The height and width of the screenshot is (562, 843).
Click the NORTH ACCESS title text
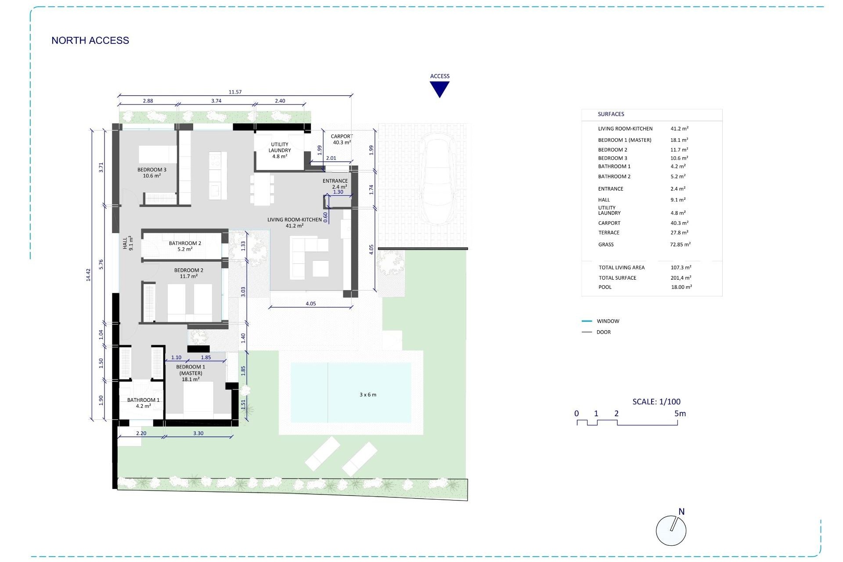click(x=90, y=40)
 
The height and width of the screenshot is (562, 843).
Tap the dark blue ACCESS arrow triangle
click(x=440, y=89)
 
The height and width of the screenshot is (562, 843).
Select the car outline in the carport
click(x=437, y=181)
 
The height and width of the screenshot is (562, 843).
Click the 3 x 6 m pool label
click(x=368, y=395)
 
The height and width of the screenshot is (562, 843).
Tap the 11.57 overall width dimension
click(x=235, y=92)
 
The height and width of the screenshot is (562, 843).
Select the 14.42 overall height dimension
click(x=88, y=275)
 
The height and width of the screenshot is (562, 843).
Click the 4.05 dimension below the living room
click(x=310, y=303)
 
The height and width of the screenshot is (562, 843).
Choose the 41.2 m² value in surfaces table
click(x=679, y=129)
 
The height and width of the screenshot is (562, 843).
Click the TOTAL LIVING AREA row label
click(x=621, y=267)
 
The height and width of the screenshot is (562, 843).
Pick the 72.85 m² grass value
click(x=680, y=245)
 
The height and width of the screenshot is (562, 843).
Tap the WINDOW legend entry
click(x=608, y=321)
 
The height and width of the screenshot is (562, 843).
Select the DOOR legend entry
click(x=603, y=332)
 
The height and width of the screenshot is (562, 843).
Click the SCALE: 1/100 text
click(x=656, y=401)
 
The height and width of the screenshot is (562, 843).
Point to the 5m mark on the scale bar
click(x=680, y=414)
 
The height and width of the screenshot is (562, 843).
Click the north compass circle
click(x=670, y=531)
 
